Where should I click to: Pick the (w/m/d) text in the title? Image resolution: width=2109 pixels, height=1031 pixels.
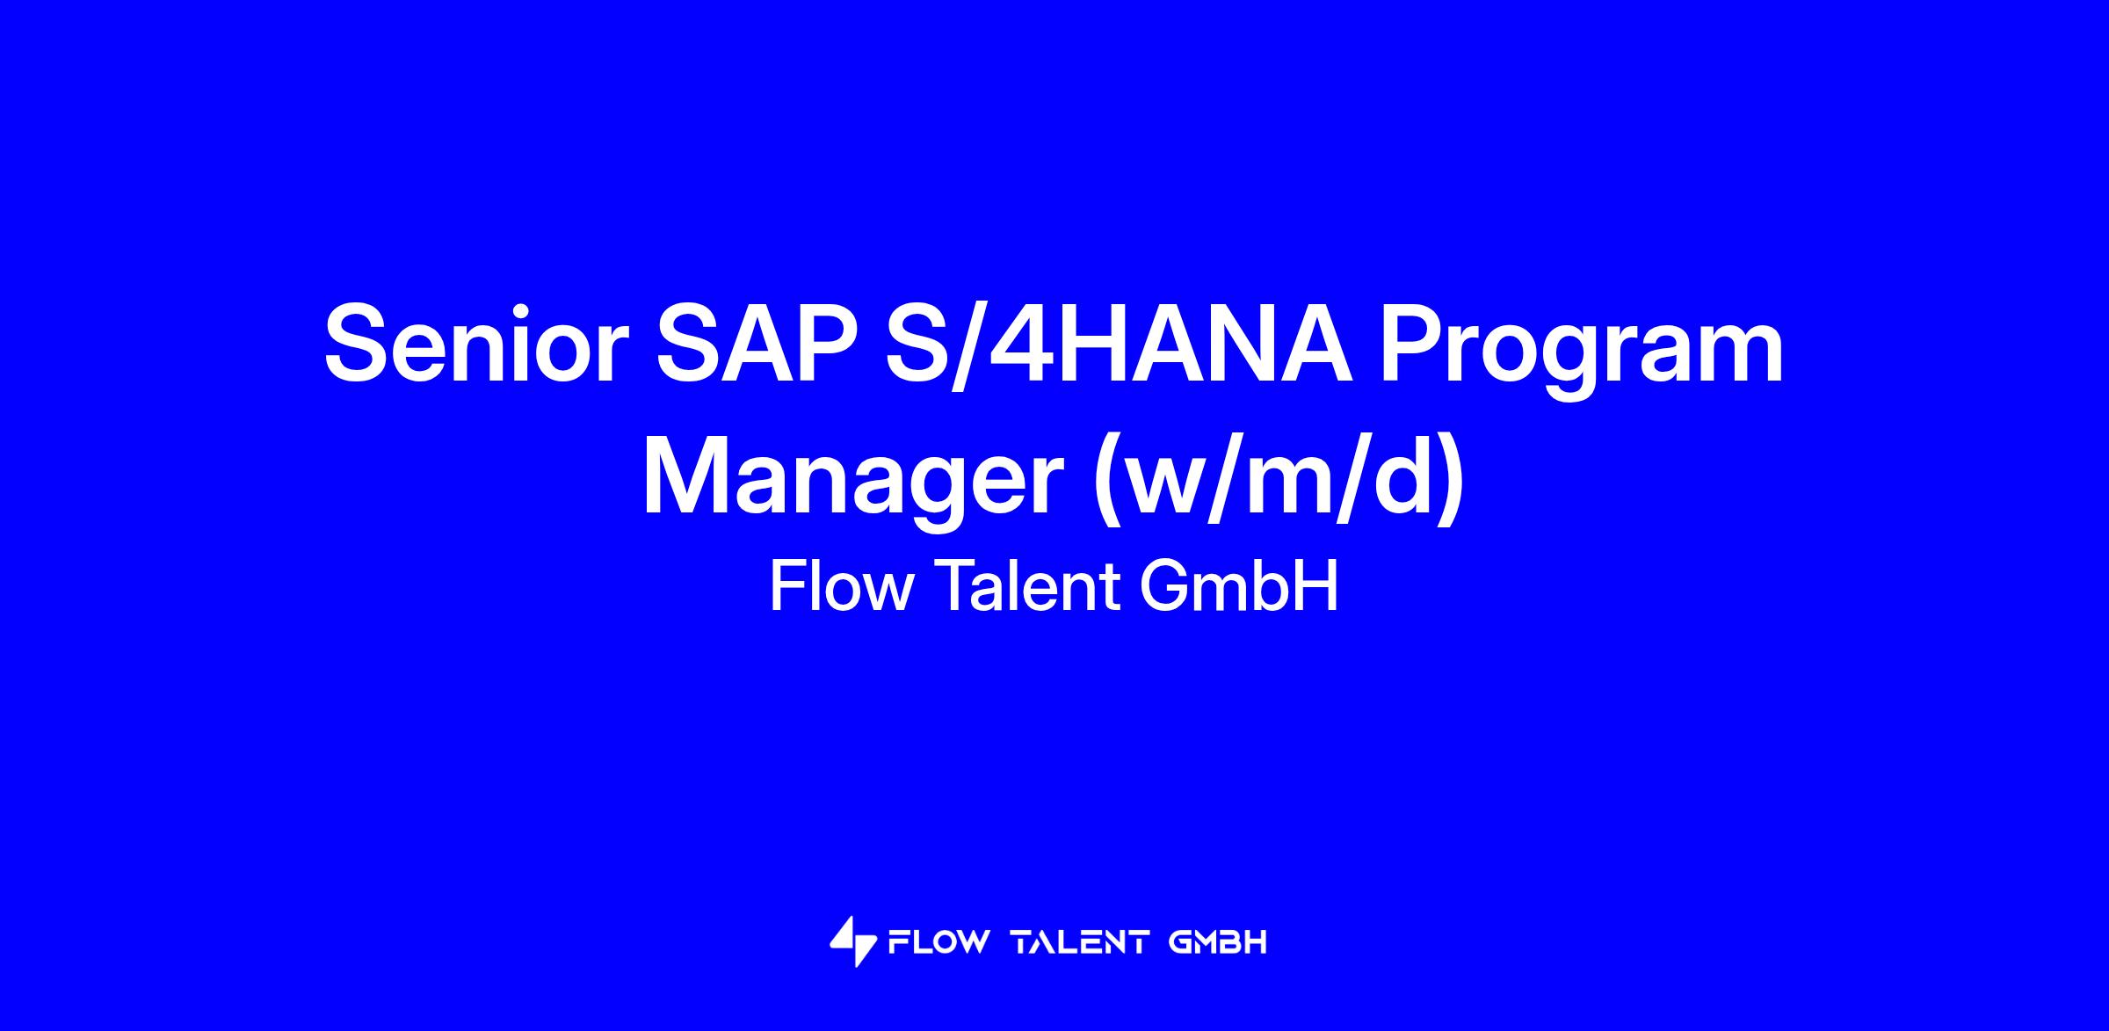(1279, 481)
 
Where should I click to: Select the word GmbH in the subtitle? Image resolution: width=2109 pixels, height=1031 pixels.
(1239, 587)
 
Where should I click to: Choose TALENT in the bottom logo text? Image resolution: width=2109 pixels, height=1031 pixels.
(1080, 943)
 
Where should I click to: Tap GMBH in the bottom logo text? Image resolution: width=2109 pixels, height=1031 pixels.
(1218, 943)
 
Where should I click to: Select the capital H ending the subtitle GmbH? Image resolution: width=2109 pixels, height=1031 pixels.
(1317, 586)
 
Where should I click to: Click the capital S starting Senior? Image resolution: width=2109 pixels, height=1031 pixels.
(360, 343)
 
